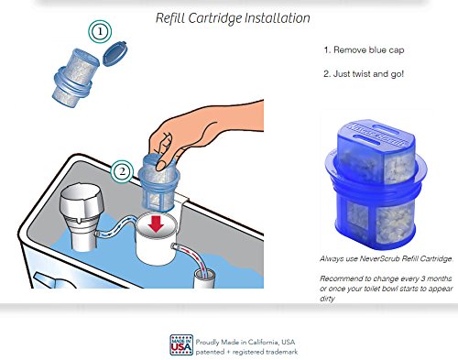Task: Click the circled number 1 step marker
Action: coord(100,31)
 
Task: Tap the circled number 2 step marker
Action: coord(122,171)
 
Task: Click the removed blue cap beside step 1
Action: coord(115,53)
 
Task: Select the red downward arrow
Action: coord(156,224)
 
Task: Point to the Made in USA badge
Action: coord(181,345)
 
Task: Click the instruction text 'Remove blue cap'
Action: coord(369,50)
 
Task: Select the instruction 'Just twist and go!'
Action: coord(368,74)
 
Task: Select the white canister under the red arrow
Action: coord(156,241)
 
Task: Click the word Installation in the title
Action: coord(278,18)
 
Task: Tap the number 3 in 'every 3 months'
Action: coord(423,278)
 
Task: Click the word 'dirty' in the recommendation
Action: coord(327,299)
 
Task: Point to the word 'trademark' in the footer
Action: coord(281,352)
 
